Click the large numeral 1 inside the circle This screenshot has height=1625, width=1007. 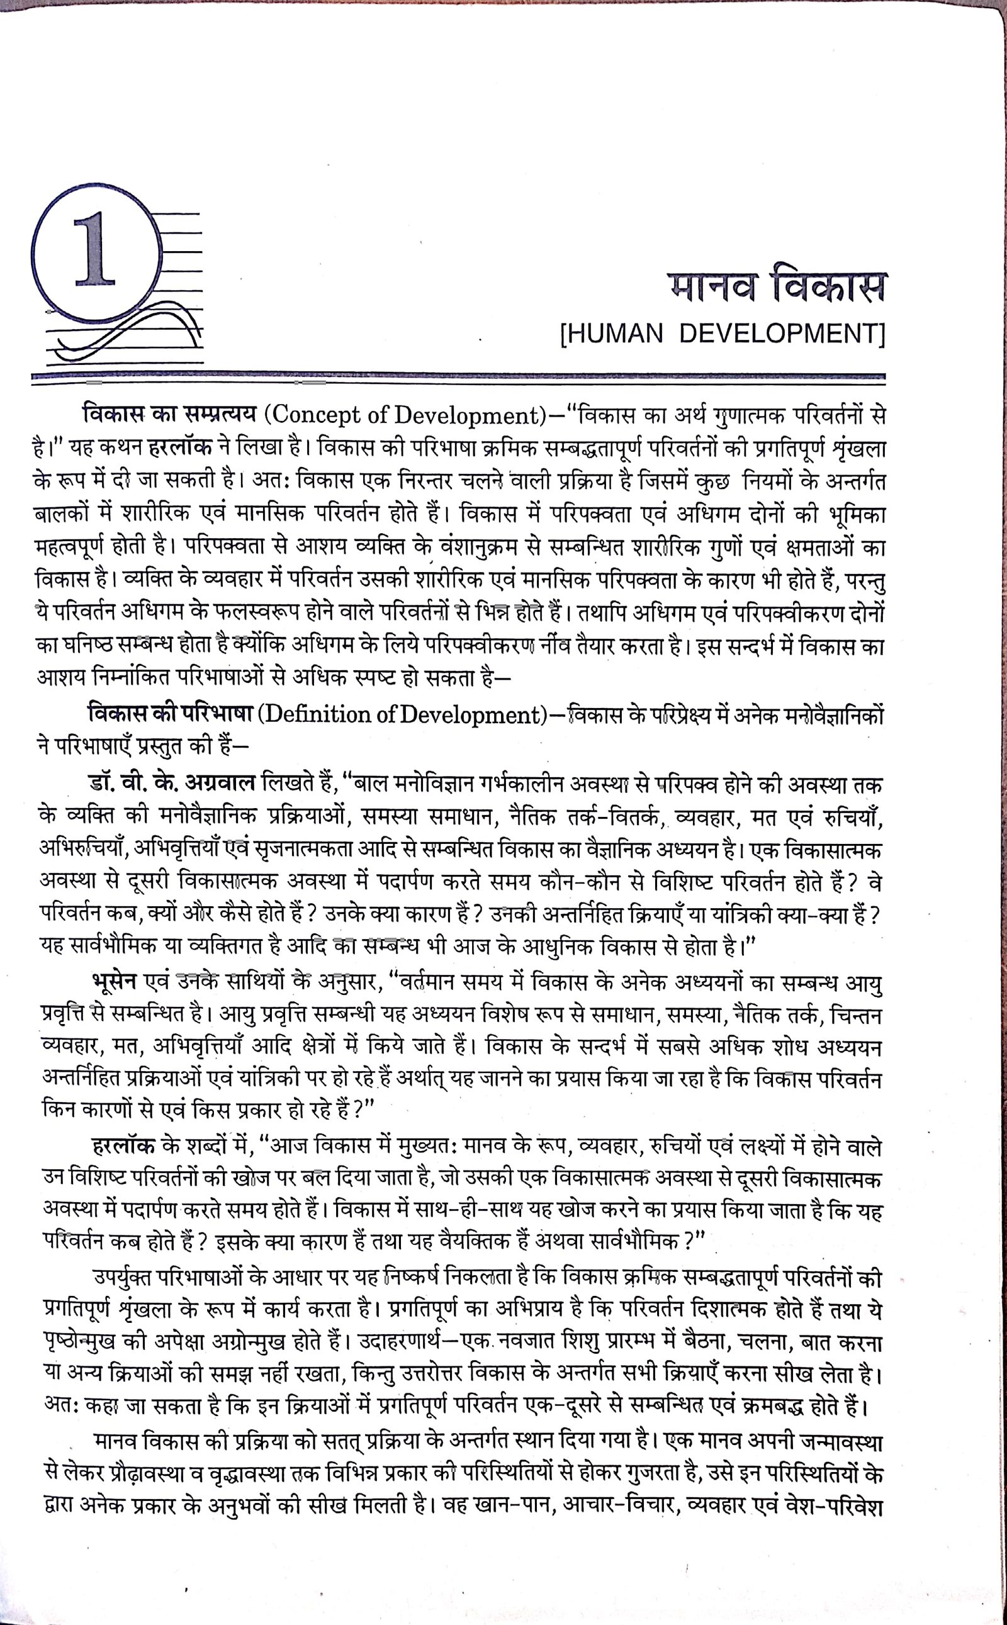(96, 249)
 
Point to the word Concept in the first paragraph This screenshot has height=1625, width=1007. (313, 415)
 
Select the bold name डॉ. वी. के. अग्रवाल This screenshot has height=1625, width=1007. (171, 784)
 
